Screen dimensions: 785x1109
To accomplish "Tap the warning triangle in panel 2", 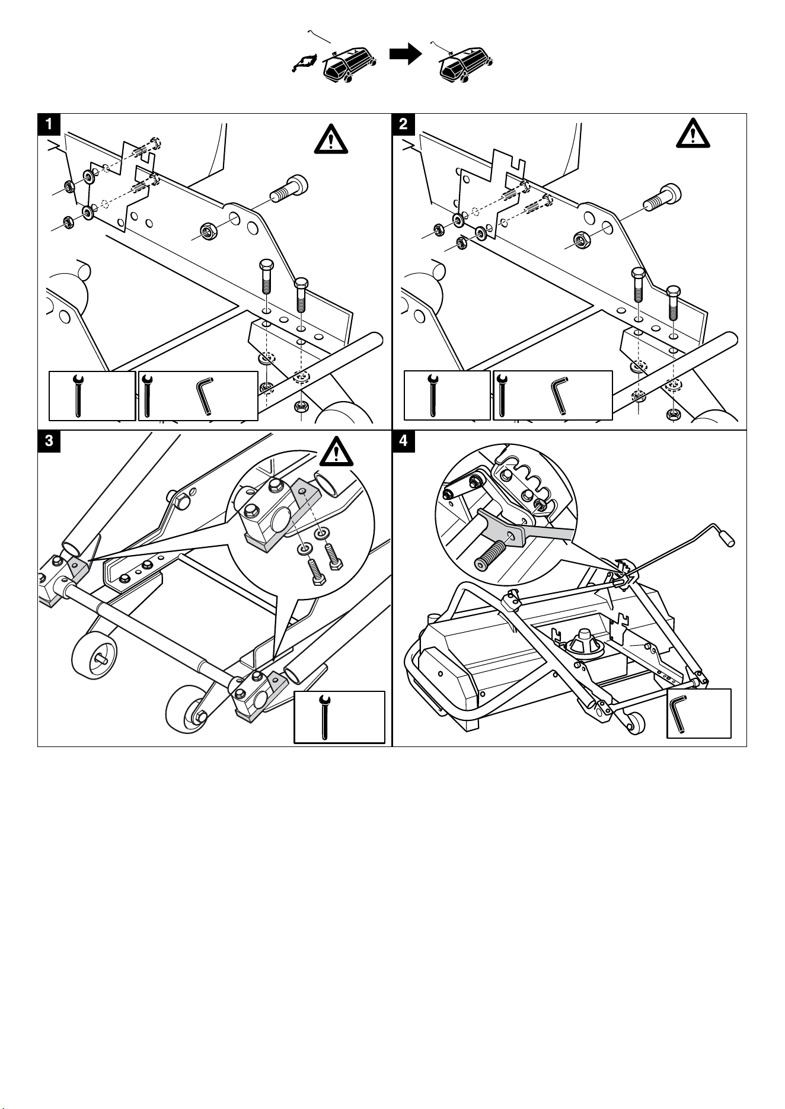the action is (693, 133).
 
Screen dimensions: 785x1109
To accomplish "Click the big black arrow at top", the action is (405, 55).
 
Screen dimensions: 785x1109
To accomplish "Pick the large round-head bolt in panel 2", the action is (662, 197).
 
